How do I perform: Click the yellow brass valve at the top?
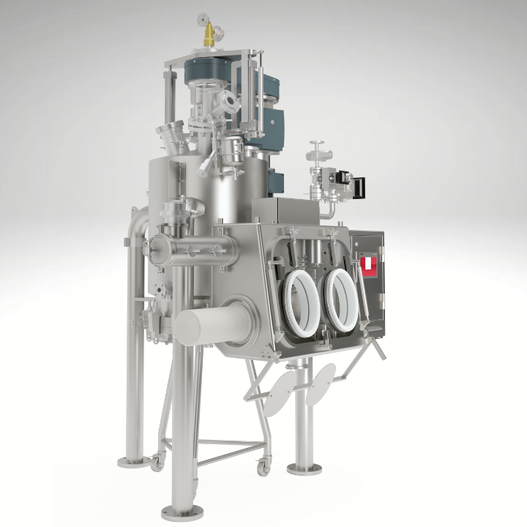coord(209,31)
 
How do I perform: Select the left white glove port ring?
coord(301,298)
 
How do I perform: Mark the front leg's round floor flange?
coord(178,512)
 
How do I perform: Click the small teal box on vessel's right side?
coord(277,179)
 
